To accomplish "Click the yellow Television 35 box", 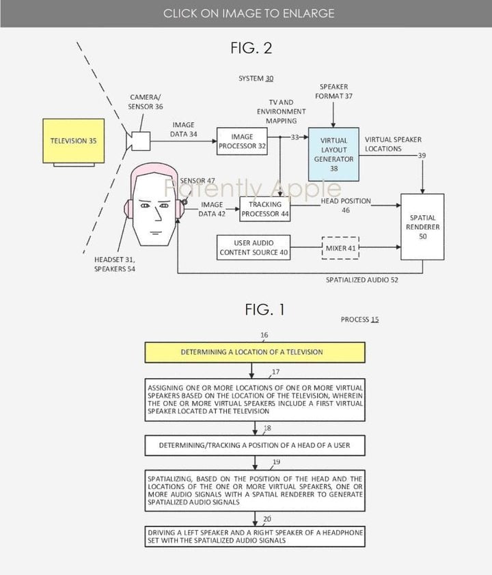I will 74,141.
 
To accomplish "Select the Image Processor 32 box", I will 241,141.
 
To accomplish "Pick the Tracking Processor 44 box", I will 264,208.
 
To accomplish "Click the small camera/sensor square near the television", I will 141,141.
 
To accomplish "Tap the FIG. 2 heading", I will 251,48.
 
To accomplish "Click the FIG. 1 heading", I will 264,310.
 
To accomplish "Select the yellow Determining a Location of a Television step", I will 251,352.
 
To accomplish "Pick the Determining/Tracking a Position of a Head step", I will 254,445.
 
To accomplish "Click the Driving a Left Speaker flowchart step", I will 254,536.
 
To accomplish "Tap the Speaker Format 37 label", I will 334,92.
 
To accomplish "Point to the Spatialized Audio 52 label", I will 362,280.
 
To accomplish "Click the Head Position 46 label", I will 346,206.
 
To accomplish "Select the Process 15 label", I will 359,320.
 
